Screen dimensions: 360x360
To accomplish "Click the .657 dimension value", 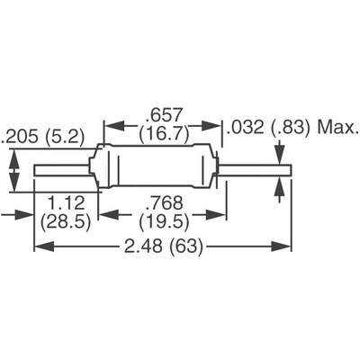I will tap(158, 115).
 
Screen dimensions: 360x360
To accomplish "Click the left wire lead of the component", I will tap(63, 167).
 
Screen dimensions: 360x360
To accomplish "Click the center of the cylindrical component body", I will tap(158, 167).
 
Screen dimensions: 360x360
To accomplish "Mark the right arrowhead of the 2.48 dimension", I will tap(286, 247).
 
